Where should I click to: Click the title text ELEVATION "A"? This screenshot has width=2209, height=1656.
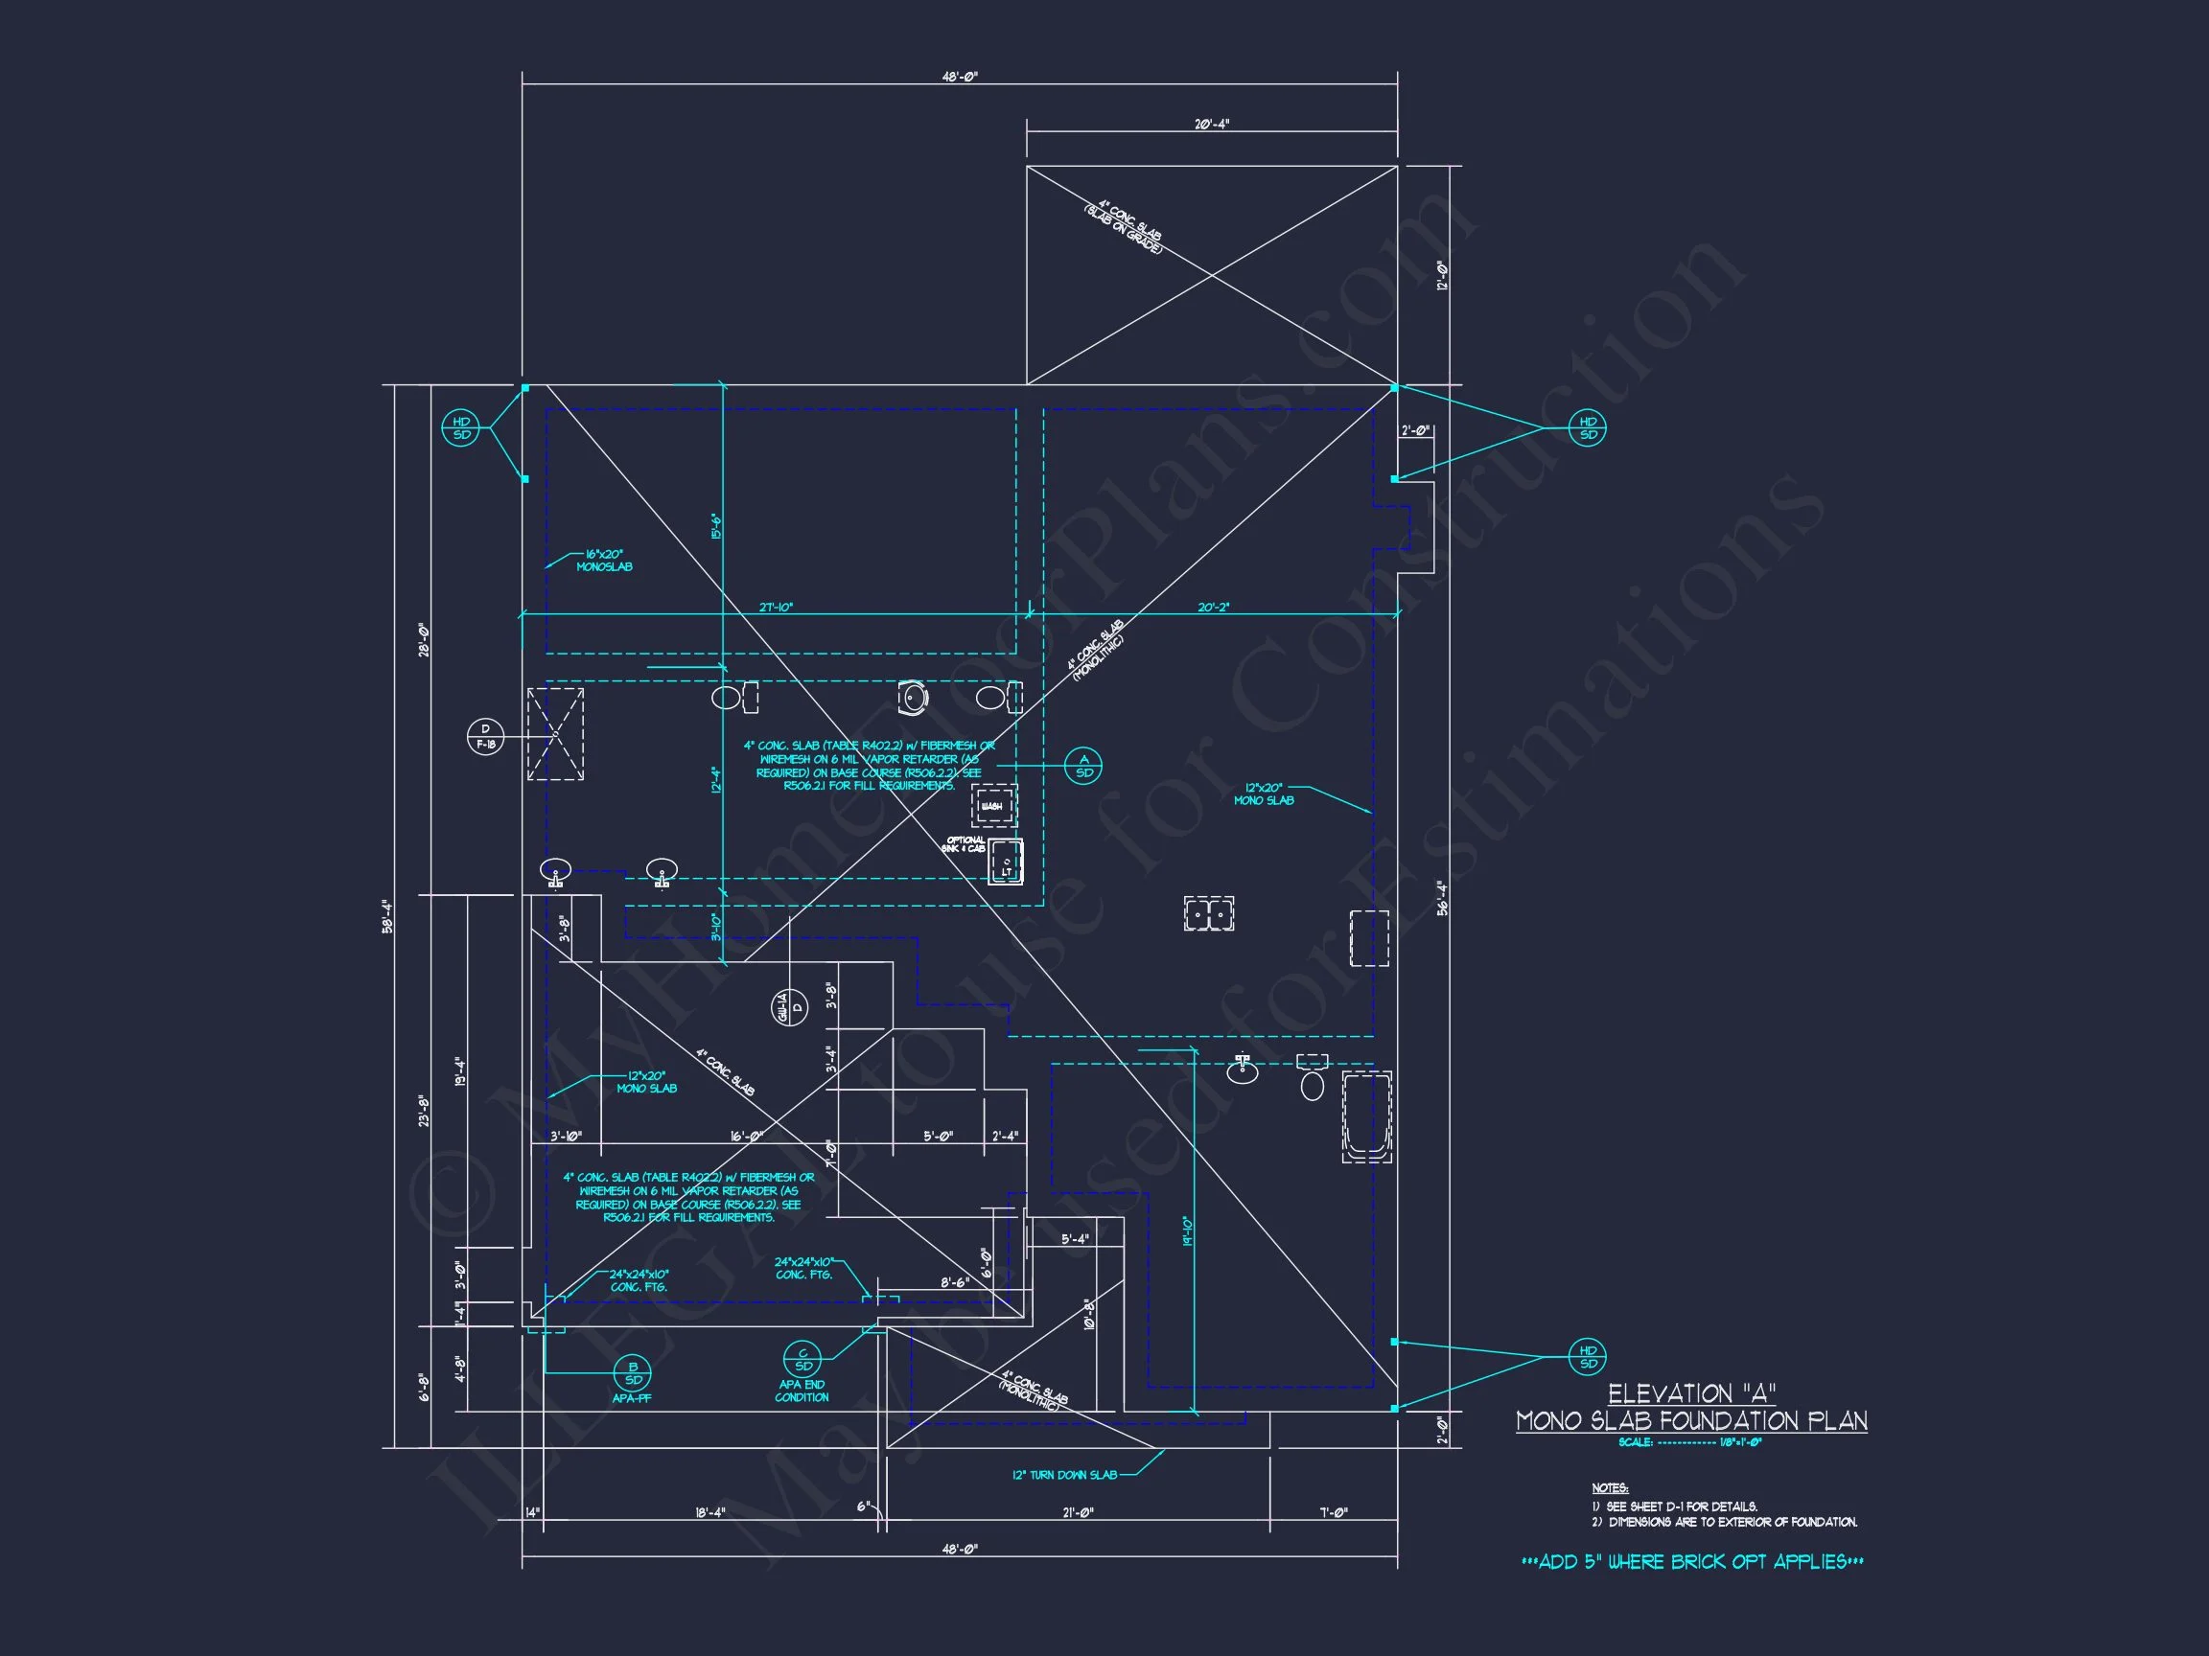1690,1393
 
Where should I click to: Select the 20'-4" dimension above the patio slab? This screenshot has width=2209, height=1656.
1211,125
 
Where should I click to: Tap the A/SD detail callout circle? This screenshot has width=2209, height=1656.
1083,766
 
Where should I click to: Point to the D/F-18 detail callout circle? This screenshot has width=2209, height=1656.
485,737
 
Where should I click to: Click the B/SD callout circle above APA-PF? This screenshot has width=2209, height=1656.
633,1373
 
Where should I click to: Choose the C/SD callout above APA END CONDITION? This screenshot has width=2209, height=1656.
802,1360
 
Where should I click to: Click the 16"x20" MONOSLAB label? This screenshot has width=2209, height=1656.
603,560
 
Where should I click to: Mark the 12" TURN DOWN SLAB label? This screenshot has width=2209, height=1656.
1064,1474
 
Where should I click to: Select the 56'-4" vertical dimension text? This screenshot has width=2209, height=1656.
1441,897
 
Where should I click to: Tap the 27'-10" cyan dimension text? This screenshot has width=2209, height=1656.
776,607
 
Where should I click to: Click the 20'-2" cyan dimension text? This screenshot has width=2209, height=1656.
1214,607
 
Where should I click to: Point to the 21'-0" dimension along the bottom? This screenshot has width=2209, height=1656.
1078,1512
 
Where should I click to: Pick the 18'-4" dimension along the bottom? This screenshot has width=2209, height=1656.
710,1512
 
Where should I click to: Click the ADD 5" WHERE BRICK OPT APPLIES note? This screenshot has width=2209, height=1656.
1691,1562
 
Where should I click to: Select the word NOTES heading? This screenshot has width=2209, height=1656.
1610,1488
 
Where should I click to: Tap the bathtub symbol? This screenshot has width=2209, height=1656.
1366,1117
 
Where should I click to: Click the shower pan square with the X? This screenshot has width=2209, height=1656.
555,734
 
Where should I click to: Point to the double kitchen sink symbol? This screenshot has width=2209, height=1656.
1208,913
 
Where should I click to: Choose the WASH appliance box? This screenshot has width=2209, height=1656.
993,806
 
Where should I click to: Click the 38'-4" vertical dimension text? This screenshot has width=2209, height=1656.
387,916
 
